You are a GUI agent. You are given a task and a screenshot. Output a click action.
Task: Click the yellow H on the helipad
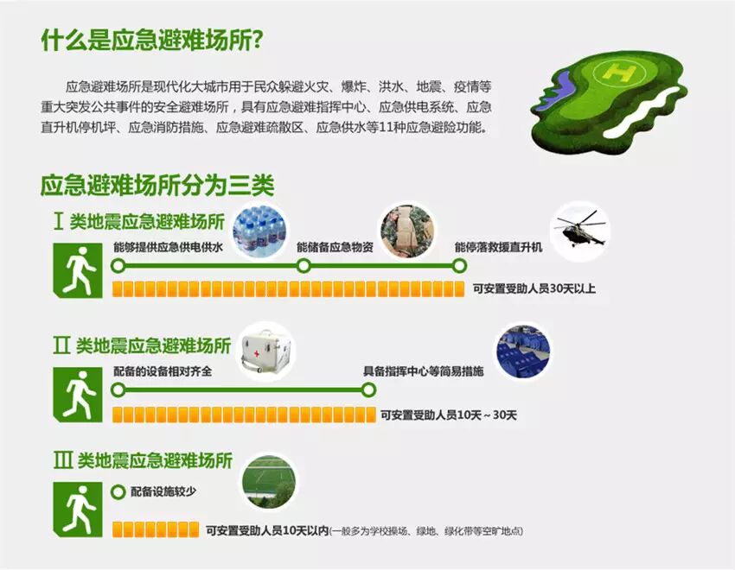pos(620,72)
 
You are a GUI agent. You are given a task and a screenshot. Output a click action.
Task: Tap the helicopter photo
pos(580,231)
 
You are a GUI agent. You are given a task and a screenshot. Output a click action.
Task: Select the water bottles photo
pos(260,231)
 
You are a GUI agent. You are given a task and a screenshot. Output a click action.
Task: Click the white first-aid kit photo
pos(265,351)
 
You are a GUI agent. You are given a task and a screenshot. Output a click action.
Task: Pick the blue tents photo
pos(523,351)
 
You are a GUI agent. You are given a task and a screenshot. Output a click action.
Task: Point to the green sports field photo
pos(269,482)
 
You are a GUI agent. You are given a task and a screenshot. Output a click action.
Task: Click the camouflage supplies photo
pos(407,231)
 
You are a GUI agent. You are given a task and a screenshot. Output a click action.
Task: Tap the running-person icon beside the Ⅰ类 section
pos(78,270)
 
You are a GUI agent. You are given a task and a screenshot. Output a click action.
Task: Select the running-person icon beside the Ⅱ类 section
pos(78,394)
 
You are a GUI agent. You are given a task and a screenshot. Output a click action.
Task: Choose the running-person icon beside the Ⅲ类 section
pos(78,510)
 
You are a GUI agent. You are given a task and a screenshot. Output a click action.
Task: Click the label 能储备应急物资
pos(336,247)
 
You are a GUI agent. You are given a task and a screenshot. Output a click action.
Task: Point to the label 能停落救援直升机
pos(498,247)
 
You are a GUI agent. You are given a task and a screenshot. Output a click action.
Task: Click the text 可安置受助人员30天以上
pos(534,288)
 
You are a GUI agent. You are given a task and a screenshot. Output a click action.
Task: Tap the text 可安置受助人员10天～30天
pos(449,415)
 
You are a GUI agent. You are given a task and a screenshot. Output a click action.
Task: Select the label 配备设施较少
pos(163,491)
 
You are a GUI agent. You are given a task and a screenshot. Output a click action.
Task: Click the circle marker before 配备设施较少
pos(118,492)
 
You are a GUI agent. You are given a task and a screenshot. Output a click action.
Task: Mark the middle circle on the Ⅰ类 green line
pos(304,266)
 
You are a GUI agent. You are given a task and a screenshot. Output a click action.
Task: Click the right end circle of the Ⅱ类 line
pos(369,389)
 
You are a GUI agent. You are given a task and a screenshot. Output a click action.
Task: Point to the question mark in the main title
pos(256,41)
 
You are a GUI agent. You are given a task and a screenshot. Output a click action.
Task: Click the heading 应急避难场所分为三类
pos(157,186)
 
